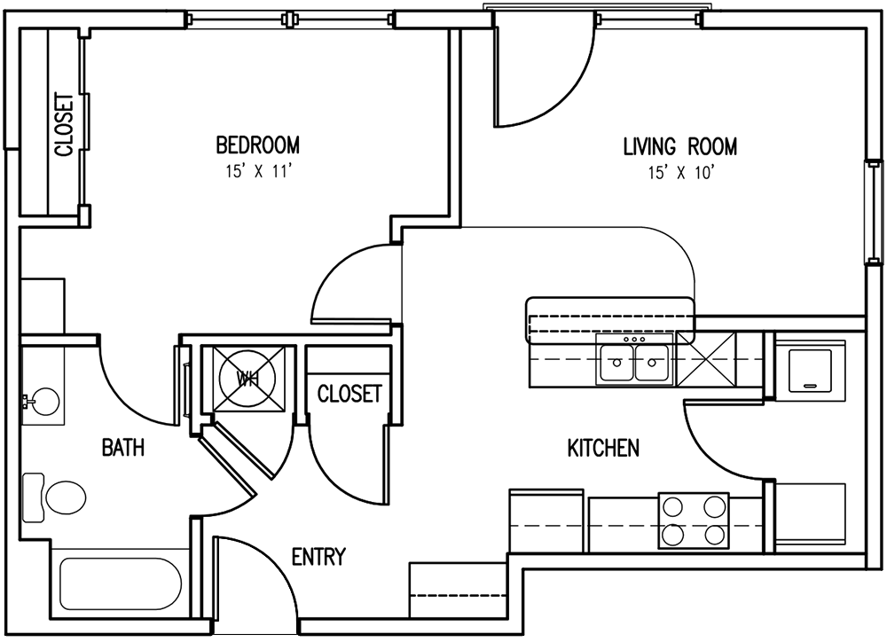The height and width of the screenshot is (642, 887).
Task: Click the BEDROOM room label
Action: tap(257, 145)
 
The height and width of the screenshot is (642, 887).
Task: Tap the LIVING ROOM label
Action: tap(679, 146)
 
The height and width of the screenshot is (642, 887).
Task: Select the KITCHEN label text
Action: tap(603, 449)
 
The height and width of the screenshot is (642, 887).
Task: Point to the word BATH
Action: tap(123, 448)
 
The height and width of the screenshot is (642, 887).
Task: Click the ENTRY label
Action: tap(318, 557)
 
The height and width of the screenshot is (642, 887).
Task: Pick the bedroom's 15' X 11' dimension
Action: tap(256, 172)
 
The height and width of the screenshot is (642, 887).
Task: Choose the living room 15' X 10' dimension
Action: tap(679, 173)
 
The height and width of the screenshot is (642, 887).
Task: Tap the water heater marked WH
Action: tap(247, 379)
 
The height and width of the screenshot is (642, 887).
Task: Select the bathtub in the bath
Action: tap(120, 584)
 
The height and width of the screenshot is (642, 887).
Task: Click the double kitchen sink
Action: tap(634, 363)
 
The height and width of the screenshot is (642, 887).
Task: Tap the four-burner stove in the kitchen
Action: tap(693, 521)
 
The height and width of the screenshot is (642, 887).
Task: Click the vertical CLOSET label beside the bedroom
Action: tap(63, 125)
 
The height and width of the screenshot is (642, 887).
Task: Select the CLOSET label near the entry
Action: tap(349, 394)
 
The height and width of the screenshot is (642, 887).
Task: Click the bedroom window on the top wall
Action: tap(288, 19)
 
